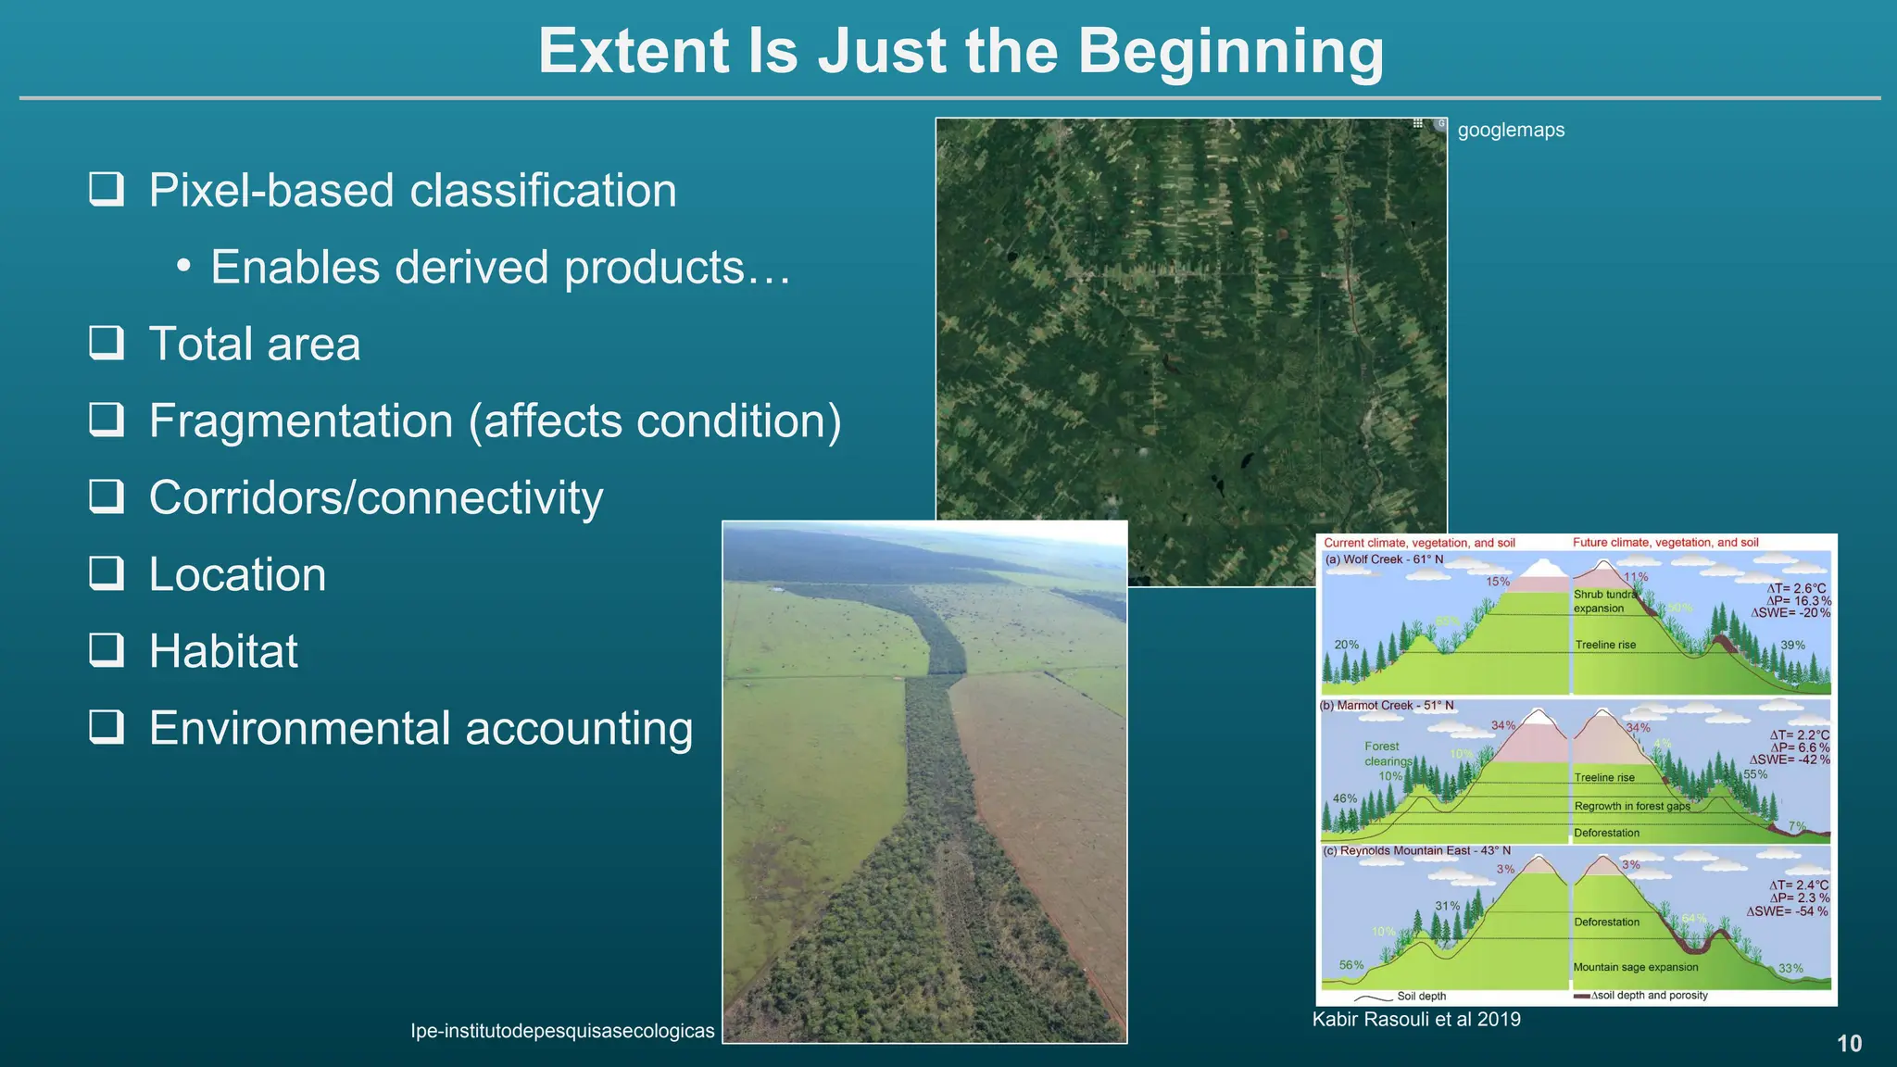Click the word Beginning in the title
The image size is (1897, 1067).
pyautogui.click(x=1231, y=52)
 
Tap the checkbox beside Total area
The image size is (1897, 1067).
pyautogui.click(x=107, y=342)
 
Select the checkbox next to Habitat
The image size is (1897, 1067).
pyautogui.click(x=107, y=649)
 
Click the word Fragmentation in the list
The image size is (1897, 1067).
pyautogui.click(x=301, y=421)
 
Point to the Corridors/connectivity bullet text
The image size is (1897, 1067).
pyautogui.click(x=375, y=497)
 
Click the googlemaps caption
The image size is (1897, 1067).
pyautogui.click(x=1511, y=130)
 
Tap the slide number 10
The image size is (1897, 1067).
pyautogui.click(x=1849, y=1044)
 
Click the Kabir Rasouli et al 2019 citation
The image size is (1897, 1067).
pyautogui.click(x=1416, y=1020)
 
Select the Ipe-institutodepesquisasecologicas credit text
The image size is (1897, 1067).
pyautogui.click(x=562, y=1031)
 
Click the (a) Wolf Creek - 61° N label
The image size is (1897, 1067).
pyautogui.click(x=1384, y=559)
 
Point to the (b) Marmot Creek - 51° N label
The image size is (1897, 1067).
pyautogui.click(x=1387, y=706)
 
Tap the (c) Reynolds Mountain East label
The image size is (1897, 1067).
pyautogui.click(x=1416, y=850)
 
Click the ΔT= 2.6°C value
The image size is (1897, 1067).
pyautogui.click(x=1796, y=588)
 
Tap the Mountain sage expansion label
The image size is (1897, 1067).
pyautogui.click(x=1635, y=967)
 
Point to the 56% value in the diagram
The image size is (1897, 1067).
pyautogui.click(x=1351, y=965)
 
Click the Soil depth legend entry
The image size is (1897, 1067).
pyautogui.click(x=1421, y=997)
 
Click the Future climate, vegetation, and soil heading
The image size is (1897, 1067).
pyautogui.click(x=1665, y=543)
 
